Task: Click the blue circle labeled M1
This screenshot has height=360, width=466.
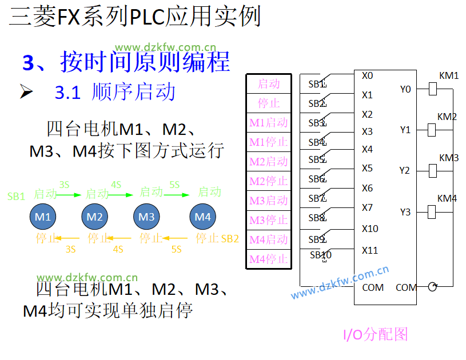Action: point(43,217)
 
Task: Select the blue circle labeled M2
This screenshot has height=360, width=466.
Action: point(95,217)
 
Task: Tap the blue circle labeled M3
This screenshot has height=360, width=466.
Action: point(146,217)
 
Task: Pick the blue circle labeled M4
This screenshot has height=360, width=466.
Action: point(203,217)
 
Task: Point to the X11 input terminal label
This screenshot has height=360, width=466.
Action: point(370,250)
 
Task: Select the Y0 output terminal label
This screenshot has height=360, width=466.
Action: point(405,89)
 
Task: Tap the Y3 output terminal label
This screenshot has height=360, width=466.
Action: point(405,212)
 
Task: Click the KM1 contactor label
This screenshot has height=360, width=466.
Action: point(449,76)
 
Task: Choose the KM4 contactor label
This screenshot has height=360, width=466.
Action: point(447,198)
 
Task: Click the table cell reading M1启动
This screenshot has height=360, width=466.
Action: point(269,123)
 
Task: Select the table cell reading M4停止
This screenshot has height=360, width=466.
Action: point(269,259)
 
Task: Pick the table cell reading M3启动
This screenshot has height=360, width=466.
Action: point(269,201)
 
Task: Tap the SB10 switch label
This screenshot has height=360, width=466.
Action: point(321,255)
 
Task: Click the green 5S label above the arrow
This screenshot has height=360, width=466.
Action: point(174,185)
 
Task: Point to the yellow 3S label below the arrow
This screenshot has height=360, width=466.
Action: point(70,249)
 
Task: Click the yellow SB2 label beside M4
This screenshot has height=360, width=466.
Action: point(230,238)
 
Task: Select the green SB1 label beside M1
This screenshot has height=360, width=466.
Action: point(16,196)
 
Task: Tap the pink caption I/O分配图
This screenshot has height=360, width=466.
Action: point(375,334)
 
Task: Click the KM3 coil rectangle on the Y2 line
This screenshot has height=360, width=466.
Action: point(432,170)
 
